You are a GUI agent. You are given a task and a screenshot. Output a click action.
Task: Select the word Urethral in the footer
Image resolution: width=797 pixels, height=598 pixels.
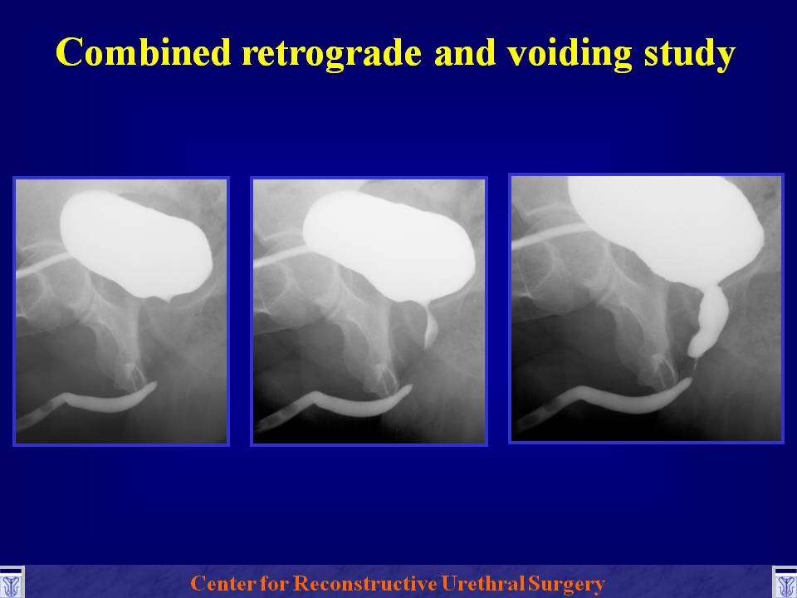[482, 583]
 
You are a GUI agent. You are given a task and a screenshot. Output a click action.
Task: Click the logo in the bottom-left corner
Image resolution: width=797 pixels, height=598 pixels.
[11, 583]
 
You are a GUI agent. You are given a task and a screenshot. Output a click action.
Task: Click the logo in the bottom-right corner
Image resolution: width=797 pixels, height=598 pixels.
[785, 583]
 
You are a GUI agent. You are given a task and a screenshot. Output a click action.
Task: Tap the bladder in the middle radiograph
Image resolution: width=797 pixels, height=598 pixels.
[389, 247]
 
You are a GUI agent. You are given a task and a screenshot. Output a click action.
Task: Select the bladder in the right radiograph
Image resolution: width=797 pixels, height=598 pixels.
[666, 229]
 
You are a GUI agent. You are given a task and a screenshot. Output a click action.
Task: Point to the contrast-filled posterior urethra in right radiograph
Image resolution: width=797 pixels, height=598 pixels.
[710, 321]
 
